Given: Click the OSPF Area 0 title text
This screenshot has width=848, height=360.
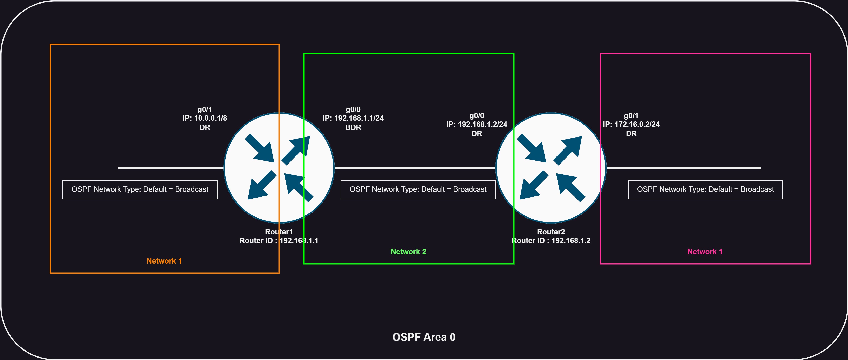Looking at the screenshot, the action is coord(424,337).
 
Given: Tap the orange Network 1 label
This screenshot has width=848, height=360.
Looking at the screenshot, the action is coord(164,261).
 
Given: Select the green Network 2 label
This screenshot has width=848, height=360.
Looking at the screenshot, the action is coord(408,252).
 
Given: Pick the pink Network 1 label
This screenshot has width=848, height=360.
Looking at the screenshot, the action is coord(705,252).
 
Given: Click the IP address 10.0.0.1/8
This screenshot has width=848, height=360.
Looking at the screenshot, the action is coord(210,118).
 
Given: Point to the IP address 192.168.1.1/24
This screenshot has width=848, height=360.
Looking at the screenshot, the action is coord(359,118).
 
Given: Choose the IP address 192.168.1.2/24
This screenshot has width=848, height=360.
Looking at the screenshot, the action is coord(482,124).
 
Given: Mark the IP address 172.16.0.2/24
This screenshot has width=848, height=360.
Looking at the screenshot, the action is coord(637,124).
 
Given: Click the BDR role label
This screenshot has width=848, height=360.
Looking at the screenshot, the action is coord(353,127).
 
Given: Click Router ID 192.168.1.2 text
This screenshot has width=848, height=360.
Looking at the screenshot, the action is coord(551,240).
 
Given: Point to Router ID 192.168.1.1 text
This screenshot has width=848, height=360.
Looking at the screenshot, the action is coord(279,240).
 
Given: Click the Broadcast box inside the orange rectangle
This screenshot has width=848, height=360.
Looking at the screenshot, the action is coord(140,189).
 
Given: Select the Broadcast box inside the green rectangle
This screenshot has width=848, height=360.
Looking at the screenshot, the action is coord(418,189).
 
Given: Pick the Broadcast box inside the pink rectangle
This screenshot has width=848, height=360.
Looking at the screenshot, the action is coord(705,189).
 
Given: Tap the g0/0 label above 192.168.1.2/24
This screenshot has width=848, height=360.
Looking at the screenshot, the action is coord(477,116).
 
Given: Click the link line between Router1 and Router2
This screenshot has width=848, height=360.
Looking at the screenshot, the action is coord(415,168).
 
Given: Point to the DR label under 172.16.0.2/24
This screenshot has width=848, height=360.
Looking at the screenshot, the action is coord(631,133).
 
